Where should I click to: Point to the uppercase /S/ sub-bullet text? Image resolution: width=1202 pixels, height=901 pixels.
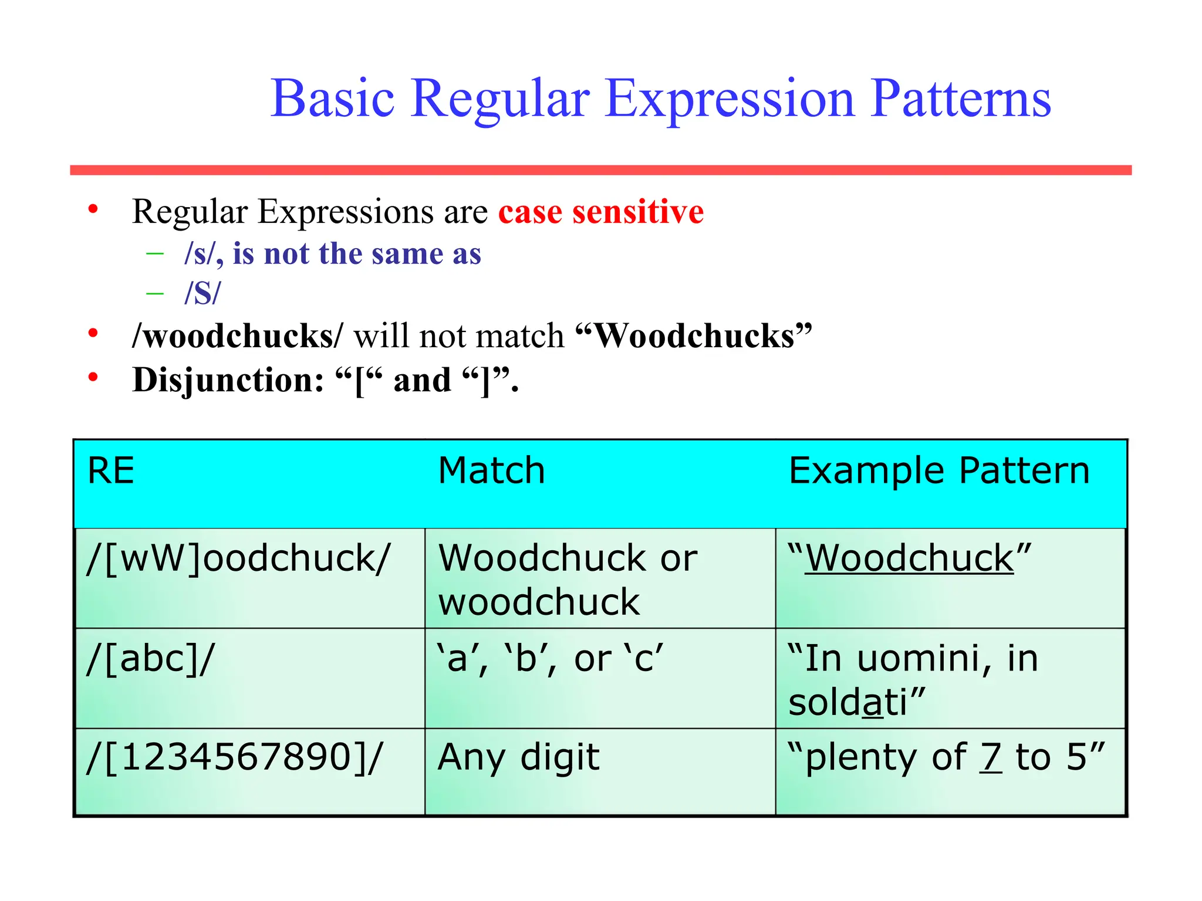[x=202, y=293]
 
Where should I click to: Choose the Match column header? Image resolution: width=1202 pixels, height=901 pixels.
[x=491, y=470]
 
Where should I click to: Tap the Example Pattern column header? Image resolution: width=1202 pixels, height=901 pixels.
[x=938, y=470]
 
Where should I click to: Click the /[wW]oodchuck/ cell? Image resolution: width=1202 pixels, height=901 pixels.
[x=238, y=558]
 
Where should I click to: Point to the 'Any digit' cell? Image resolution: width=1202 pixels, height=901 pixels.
[x=518, y=757]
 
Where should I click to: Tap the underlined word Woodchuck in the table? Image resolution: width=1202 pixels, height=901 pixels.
[x=909, y=558]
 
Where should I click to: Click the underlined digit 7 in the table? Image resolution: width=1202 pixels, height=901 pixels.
[x=991, y=757]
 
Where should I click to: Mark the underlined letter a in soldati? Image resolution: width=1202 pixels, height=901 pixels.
[x=873, y=702]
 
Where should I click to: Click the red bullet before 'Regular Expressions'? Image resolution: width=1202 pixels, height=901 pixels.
[x=93, y=209]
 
